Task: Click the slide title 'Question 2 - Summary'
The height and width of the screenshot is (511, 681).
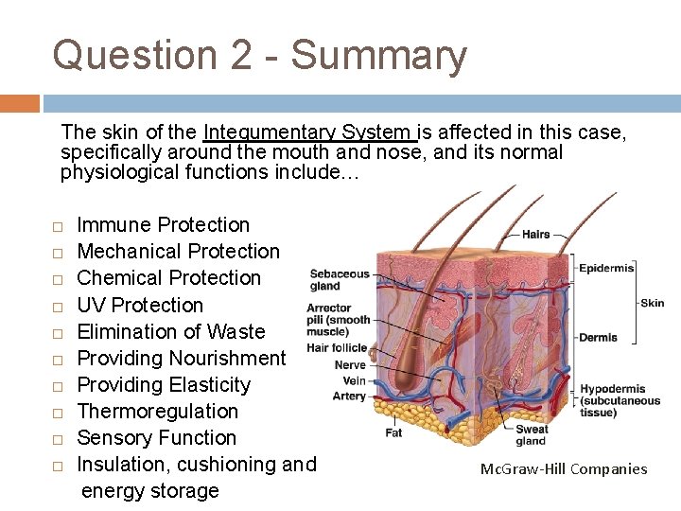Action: pyautogui.click(x=259, y=55)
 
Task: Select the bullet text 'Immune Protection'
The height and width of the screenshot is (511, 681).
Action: pyautogui.click(x=163, y=225)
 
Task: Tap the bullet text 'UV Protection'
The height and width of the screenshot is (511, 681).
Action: pyautogui.click(x=140, y=305)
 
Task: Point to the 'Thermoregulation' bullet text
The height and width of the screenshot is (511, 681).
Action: pyautogui.click(x=157, y=411)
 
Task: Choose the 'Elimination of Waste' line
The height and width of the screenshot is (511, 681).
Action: pyautogui.click(x=171, y=331)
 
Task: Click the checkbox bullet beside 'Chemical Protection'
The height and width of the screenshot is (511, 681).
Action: pyautogui.click(x=58, y=279)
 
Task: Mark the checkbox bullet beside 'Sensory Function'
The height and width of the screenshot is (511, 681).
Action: pyautogui.click(x=58, y=439)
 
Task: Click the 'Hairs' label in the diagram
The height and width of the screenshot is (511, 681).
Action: pyautogui.click(x=535, y=234)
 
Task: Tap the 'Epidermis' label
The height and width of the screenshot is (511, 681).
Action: pyautogui.click(x=605, y=268)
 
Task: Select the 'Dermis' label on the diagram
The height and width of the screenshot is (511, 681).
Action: pyautogui.click(x=598, y=337)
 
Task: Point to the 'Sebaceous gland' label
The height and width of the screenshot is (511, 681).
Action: pyautogui.click(x=340, y=279)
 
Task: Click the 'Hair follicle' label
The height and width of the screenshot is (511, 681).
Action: pyautogui.click(x=336, y=348)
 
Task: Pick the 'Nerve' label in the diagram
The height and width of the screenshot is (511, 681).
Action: pyautogui.click(x=350, y=364)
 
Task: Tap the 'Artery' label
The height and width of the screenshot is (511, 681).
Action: pyautogui.click(x=349, y=396)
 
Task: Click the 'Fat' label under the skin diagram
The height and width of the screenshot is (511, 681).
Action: pyautogui.click(x=393, y=432)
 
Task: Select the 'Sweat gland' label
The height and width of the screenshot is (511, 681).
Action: pyautogui.click(x=531, y=435)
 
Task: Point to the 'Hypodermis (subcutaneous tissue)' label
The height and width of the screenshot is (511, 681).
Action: pyautogui.click(x=620, y=400)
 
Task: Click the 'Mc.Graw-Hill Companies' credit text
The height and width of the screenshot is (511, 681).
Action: pyautogui.click(x=564, y=468)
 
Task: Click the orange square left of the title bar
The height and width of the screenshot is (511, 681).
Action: pyautogui.click(x=19, y=103)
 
